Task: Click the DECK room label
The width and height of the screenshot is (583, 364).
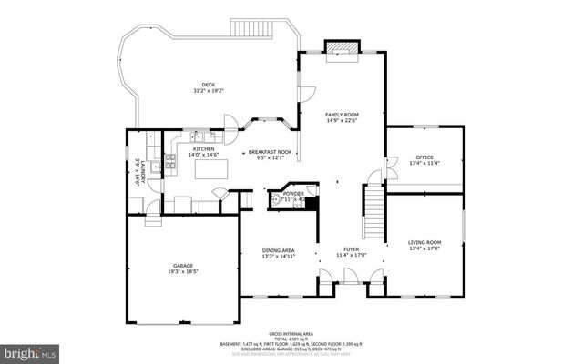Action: coord(209,86)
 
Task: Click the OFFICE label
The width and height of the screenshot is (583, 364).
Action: coord(424,157)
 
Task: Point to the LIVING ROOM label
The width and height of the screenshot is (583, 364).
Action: coord(424,241)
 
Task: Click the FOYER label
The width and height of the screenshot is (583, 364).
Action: coord(352,248)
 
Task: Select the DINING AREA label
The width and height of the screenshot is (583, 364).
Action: coord(279,250)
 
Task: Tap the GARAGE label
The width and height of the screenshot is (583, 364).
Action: coord(183,266)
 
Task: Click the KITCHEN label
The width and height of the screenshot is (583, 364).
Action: coord(203,149)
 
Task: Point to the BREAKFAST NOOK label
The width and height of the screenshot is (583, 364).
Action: coord(270,152)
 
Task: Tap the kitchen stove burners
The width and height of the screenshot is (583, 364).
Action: coord(170,162)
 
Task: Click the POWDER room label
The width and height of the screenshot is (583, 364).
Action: coord(293,193)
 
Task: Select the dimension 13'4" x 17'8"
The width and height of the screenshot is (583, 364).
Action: coord(424,248)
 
